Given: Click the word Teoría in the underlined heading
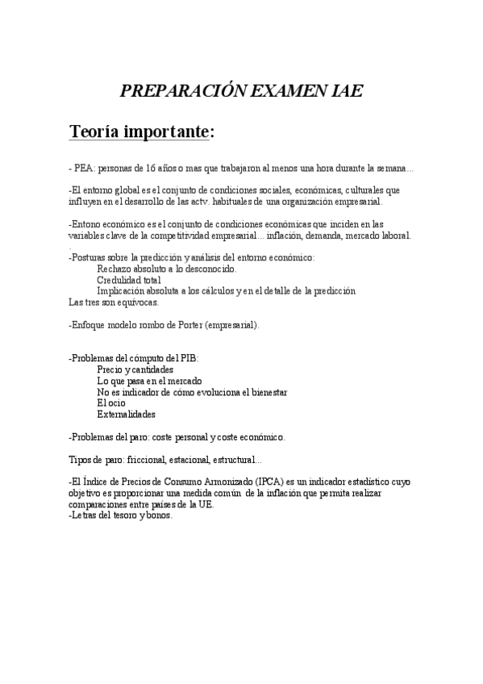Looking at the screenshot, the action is pos(95,131).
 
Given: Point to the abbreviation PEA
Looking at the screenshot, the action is pos(83,169).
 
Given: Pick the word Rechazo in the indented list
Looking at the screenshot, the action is pos(115,269).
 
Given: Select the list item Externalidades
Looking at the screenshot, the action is pos(127,415).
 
